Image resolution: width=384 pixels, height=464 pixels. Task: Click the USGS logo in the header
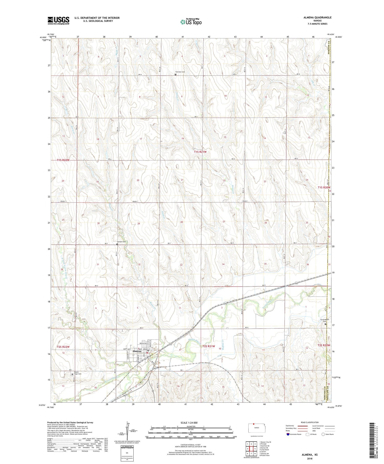pyautogui.click(x=58, y=20)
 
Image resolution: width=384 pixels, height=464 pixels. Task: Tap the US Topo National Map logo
pyautogui.click(x=191, y=22)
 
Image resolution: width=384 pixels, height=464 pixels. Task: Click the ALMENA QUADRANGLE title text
pyautogui.click(x=317, y=17)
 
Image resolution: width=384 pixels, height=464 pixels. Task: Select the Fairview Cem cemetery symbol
pyautogui.click(x=175, y=75)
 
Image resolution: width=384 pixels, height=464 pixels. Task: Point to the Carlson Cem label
pyautogui.click(x=122, y=242)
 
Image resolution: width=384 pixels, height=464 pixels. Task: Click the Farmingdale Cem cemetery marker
pyautogui.click(x=326, y=324)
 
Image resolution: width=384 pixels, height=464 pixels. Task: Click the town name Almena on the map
pyautogui.click(x=137, y=351)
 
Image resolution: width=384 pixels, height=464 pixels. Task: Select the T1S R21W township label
pyautogui.click(x=200, y=152)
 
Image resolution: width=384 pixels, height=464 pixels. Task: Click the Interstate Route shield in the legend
pyautogui.click(x=288, y=434)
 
